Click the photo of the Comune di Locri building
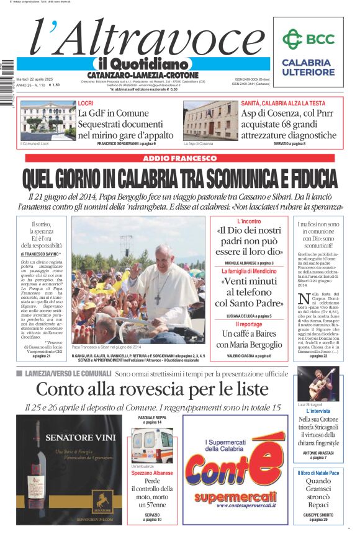tap(47, 121)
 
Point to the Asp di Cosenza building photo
tap(210, 121)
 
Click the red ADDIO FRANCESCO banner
tap(179, 159)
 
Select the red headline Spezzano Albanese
tap(152, 473)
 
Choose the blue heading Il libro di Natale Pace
tap(318, 473)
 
